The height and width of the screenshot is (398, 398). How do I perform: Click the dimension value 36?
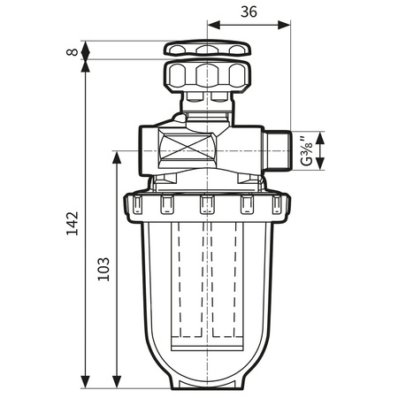[249, 11]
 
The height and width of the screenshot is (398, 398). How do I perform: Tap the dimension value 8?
[72, 50]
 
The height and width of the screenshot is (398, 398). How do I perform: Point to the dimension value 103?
[103, 270]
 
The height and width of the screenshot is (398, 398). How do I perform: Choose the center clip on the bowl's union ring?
[207, 205]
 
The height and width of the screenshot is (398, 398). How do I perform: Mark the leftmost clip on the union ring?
[137, 205]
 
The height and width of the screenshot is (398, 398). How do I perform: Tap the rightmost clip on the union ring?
[277, 205]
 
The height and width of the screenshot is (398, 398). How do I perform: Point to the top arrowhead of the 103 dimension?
[117, 156]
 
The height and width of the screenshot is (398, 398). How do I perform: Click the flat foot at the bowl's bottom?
[207, 384]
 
